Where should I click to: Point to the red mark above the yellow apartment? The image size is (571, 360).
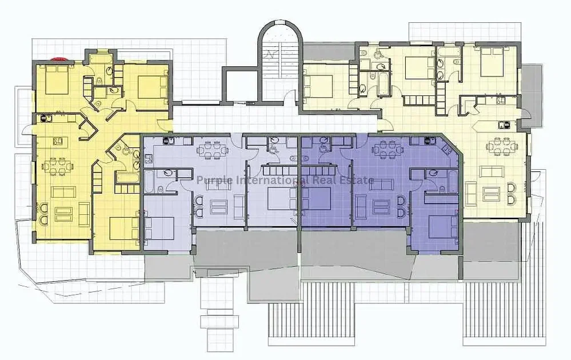(x=59, y=58)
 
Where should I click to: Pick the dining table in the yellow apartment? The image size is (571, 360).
(x=58, y=166)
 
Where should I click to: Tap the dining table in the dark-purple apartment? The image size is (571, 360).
(x=388, y=150)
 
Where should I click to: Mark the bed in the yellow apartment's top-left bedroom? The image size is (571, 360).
(x=57, y=79)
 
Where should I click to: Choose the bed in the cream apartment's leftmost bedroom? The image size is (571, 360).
(x=318, y=86)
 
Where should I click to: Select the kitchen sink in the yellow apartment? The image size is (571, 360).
(x=46, y=118)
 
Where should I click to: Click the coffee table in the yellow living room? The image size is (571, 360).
(x=63, y=214)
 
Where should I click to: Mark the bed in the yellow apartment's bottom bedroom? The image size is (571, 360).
(x=124, y=229)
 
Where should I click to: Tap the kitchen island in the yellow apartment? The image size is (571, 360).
(x=58, y=141)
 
